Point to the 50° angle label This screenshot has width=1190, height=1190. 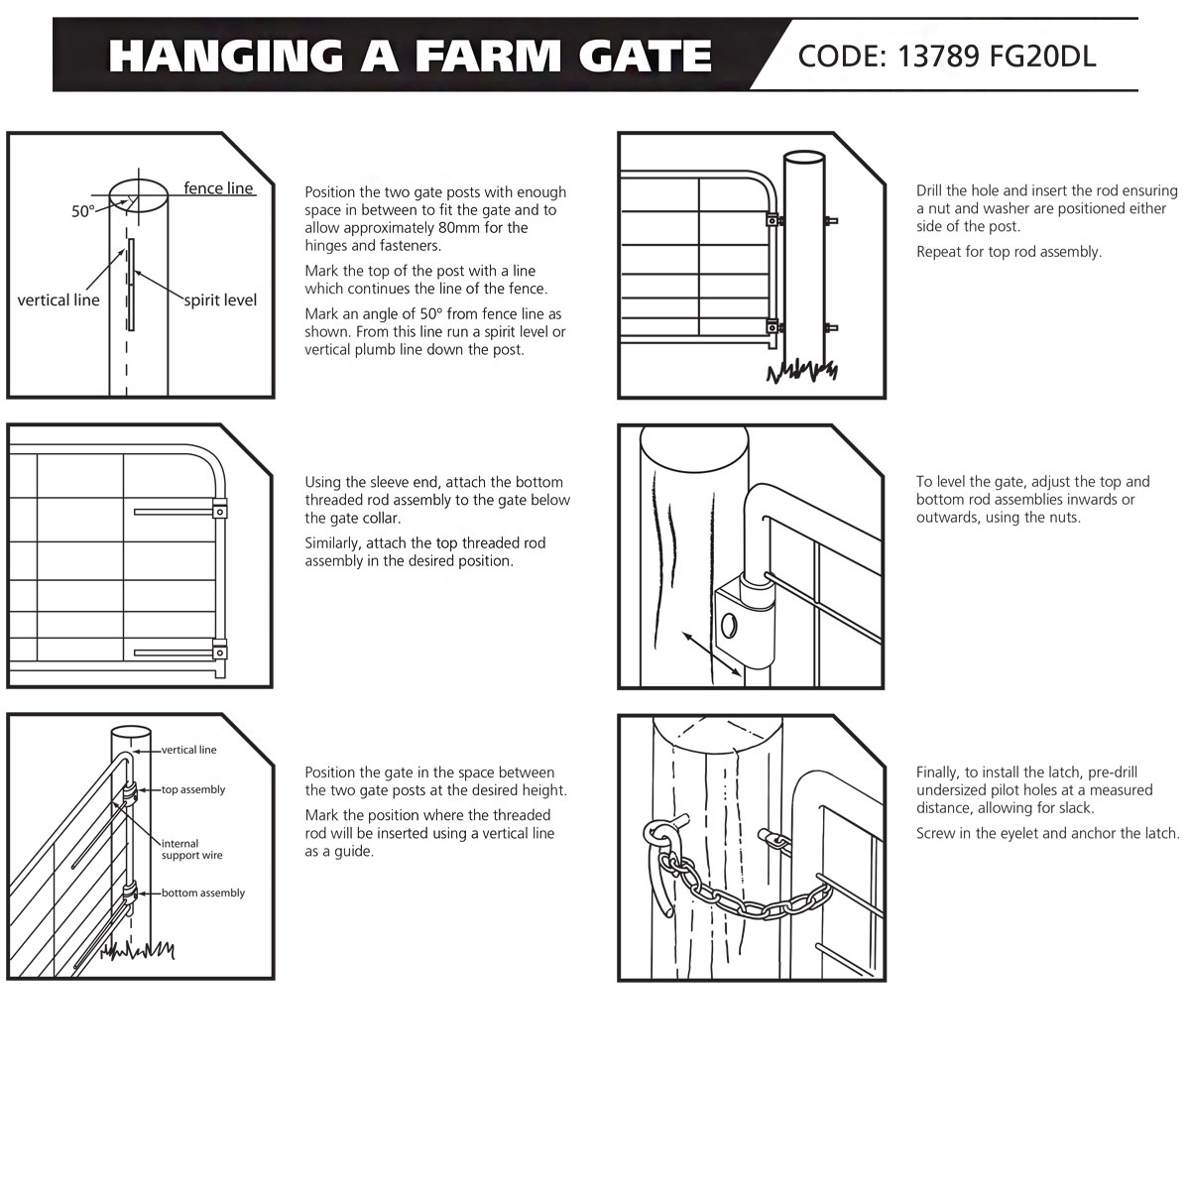[x=83, y=211]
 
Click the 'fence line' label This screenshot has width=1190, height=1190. [x=218, y=188]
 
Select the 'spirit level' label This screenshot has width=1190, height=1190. [x=220, y=299]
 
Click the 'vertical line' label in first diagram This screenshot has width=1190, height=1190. [x=59, y=299]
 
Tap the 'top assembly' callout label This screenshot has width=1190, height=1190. [x=193, y=789]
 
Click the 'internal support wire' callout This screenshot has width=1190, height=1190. [x=191, y=849]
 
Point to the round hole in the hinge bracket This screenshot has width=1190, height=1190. [x=730, y=625]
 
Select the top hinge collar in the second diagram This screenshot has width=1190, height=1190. [x=219, y=513]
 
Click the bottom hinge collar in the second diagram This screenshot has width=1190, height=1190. [x=219, y=653]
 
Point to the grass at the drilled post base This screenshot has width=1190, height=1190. [x=801, y=373]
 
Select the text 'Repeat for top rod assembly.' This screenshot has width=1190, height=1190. [x=1009, y=252]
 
